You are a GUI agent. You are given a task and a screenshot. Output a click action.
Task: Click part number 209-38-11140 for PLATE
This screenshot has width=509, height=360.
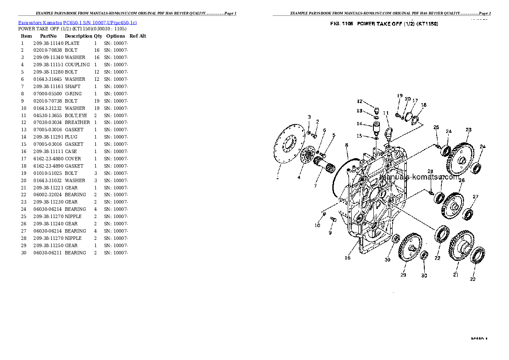pos(48,43)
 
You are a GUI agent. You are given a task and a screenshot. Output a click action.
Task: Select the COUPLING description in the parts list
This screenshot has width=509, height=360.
pos(77,65)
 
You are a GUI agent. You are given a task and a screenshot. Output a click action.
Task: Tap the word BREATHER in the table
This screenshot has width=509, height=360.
pos(77,123)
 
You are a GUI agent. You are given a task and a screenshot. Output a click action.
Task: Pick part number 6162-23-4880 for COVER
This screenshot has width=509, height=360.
pos(48,159)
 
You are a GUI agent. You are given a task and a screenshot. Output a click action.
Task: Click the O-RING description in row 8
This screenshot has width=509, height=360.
pos(73,94)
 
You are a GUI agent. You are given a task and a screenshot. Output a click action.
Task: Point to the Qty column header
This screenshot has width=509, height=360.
pos(98,36)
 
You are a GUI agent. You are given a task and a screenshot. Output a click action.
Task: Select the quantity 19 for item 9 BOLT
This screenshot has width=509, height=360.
pos(96,101)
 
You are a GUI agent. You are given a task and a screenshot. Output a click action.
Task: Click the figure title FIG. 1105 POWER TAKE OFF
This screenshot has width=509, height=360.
pos(384,24)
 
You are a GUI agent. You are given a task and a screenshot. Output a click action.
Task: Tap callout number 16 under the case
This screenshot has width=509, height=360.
pos(347,258)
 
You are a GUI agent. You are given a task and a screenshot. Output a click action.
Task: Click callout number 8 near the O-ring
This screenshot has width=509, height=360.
pos(346,145)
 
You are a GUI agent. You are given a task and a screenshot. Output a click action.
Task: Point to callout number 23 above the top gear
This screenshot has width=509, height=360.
pos(469,130)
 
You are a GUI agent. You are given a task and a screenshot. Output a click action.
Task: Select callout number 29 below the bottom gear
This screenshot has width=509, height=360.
pos(403,275)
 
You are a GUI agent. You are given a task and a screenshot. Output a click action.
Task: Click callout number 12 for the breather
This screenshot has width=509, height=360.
pos(360,102)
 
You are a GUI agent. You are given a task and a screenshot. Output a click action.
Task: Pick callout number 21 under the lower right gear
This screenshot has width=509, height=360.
pos(456,275)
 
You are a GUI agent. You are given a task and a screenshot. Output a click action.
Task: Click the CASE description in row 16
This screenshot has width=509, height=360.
pos(71,151)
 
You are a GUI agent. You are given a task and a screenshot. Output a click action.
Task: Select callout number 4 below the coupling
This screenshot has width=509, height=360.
pos(299,177)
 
